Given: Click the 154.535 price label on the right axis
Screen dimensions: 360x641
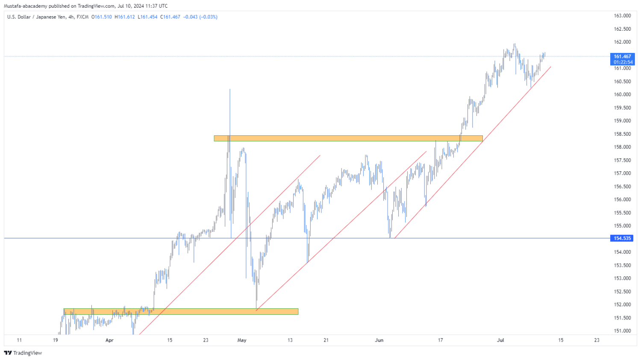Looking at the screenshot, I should (x=622, y=238).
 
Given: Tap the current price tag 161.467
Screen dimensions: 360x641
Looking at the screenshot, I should (x=622, y=56).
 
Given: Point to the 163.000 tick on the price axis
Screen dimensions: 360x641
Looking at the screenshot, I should (x=622, y=16).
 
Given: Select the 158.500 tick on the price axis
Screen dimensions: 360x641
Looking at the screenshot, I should (x=622, y=134).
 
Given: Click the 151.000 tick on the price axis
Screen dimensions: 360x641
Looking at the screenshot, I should (x=622, y=331).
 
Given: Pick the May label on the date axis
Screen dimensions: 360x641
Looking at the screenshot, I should (x=242, y=340).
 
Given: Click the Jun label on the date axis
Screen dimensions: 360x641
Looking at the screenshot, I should (x=379, y=340).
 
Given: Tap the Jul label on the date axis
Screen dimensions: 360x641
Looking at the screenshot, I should (x=500, y=340).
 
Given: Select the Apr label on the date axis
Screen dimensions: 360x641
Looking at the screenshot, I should (x=109, y=340).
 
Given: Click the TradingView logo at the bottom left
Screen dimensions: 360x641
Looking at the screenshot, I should (x=23, y=353).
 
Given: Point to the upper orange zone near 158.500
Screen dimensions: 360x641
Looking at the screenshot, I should (x=348, y=138).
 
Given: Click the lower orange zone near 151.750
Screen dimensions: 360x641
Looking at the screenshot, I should (x=180, y=312).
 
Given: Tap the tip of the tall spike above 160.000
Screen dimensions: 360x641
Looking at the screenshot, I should (x=230, y=89).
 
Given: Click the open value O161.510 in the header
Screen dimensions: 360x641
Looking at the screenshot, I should (x=102, y=17).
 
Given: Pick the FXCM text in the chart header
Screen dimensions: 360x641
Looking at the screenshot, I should (x=82, y=17).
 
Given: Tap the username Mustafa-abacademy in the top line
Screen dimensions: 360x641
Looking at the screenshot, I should (x=25, y=6).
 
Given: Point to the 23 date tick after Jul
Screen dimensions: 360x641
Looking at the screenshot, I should (x=597, y=340).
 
